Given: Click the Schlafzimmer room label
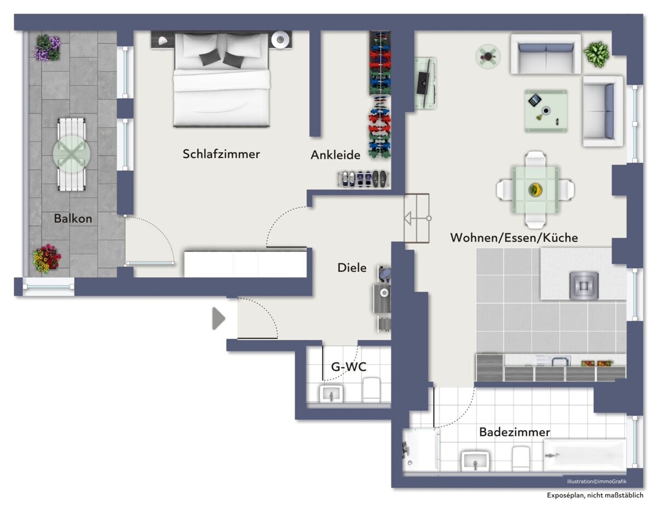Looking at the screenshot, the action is (221, 154).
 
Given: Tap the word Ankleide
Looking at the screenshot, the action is (335, 155).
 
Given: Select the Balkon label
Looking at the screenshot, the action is (73, 219).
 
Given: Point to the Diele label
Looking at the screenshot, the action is (352, 267).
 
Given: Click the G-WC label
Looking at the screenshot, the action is (349, 367).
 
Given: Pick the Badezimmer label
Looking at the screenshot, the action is (515, 432).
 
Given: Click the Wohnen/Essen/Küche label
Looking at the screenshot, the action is (514, 237).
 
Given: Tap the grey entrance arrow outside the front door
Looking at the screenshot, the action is (219, 318).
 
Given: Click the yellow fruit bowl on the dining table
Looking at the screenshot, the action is (535, 190).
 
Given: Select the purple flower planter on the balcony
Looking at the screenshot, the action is (48, 47).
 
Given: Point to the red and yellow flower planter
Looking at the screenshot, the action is (47, 259).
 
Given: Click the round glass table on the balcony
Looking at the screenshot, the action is (71, 154).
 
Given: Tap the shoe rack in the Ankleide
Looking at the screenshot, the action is (364, 179).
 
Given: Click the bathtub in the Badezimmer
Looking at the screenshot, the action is (585, 455).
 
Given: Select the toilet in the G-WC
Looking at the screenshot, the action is (372, 390).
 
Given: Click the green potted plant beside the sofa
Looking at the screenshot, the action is (596, 54).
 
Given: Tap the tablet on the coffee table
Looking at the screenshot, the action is (534, 100).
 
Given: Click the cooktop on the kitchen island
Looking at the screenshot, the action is (584, 286).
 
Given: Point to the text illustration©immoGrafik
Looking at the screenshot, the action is (597, 482).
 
